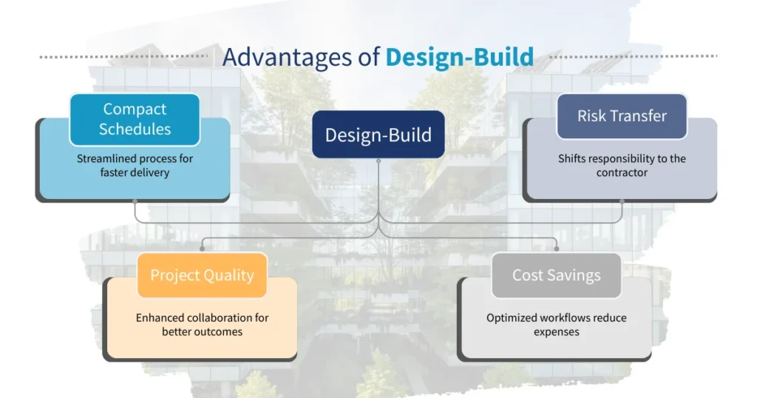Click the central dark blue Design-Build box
(378, 135)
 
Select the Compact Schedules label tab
(135, 119)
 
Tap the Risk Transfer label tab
(622, 116)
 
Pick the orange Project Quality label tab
(202, 275)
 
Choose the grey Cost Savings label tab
(556, 275)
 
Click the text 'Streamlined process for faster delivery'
(135, 165)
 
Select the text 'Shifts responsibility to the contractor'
(622, 165)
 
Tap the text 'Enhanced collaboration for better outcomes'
(202, 324)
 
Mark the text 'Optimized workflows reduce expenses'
(556, 324)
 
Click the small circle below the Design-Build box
(378, 160)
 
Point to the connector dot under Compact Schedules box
(135, 201)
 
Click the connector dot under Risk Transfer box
(622, 201)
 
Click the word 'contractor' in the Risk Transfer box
(622, 172)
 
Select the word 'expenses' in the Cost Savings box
(556, 331)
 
